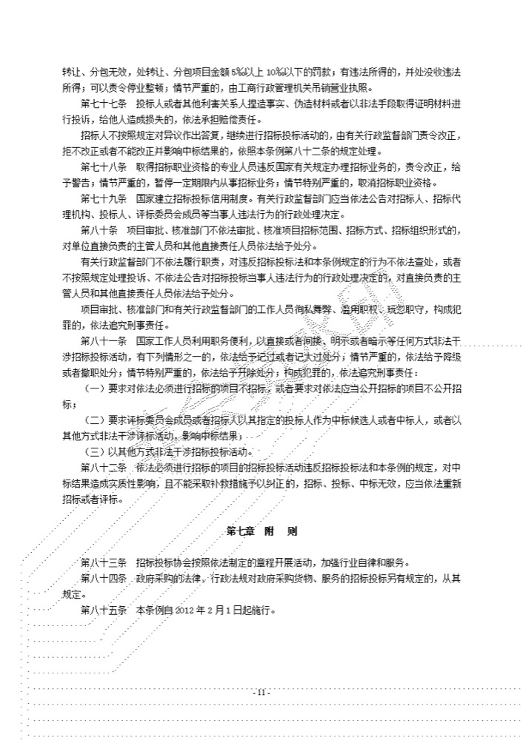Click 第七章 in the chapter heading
[241, 531]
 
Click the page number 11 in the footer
[261, 692]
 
